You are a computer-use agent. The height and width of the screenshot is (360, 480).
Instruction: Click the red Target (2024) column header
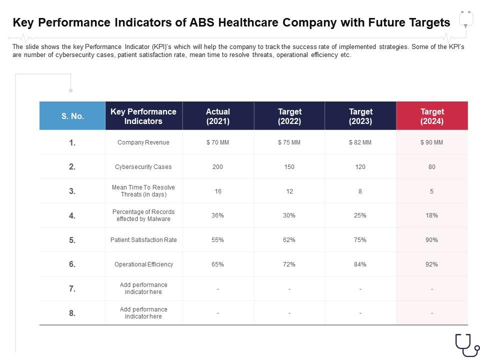click(x=432, y=116)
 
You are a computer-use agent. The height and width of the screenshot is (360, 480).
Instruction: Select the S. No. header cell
click(x=72, y=116)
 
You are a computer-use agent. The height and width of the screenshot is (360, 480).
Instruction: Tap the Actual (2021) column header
click(x=218, y=116)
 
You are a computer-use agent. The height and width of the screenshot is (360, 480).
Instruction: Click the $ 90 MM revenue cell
click(x=432, y=142)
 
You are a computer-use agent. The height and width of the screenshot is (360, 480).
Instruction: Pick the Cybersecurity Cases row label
click(x=143, y=167)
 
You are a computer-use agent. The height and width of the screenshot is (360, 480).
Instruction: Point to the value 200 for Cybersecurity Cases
click(x=217, y=167)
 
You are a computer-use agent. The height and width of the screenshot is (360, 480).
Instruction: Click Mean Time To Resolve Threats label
click(x=143, y=191)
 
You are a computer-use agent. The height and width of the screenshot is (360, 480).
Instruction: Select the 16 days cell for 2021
click(x=217, y=191)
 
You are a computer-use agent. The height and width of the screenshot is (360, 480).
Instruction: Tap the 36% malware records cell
click(x=217, y=215)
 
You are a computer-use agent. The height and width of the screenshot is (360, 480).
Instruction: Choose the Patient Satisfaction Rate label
click(x=143, y=240)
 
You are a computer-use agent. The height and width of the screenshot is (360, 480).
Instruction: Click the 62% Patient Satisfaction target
click(x=289, y=240)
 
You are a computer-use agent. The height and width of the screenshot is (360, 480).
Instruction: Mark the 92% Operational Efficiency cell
click(x=432, y=264)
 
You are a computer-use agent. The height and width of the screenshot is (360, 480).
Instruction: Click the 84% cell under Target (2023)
click(x=360, y=264)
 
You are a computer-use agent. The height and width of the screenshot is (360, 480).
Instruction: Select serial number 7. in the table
click(x=72, y=288)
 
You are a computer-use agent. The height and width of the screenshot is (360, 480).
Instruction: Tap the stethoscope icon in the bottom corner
click(x=466, y=344)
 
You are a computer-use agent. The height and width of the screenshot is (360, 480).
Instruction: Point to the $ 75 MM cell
click(x=289, y=142)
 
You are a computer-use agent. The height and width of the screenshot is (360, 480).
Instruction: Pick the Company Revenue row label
click(x=143, y=142)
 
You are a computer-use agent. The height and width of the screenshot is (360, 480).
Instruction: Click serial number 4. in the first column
click(x=72, y=215)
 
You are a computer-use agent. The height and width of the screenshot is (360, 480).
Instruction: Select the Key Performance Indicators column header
click(x=143, y=116)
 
